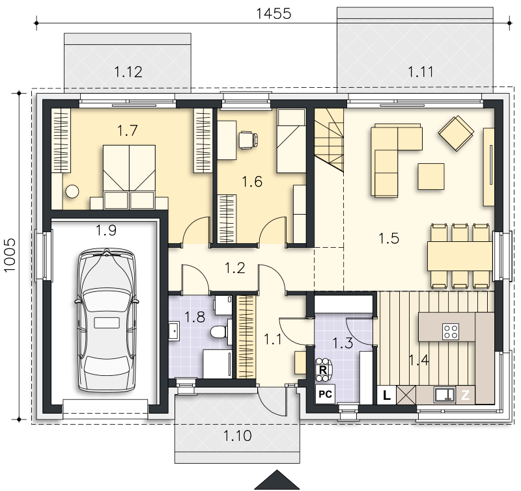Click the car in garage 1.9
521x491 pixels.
click(x=107, y=320)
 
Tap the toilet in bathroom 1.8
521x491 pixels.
click(x=220, y=332)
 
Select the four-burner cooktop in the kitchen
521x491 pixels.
click(x=451, y=332)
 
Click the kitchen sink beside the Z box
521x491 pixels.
click(x=445, y=395)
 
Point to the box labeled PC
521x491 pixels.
click(x=325, y=394)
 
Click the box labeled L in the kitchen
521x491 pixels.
click(x=386, y=395)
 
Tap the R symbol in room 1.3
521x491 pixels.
click(x=322, y=370)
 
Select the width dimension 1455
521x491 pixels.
click(x=274, y=14)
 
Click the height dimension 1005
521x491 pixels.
click(x=10, y=255)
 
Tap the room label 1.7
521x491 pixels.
click(x=127, y=130)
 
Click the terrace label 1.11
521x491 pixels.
click(x=421, y=72)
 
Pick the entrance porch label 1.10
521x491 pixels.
click(x=237, y=435)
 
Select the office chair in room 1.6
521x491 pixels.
click(x=248, y=140)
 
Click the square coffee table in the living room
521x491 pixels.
click(x=431, y=176)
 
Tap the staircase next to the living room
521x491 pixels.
click(x=329, y=140)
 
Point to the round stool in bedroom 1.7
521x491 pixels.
click(x=72, y=191)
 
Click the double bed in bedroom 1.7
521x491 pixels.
click(x=129, y=177)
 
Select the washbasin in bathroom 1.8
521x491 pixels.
click(x=174, y=331)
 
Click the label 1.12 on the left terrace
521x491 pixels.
click(x=128, y=72)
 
